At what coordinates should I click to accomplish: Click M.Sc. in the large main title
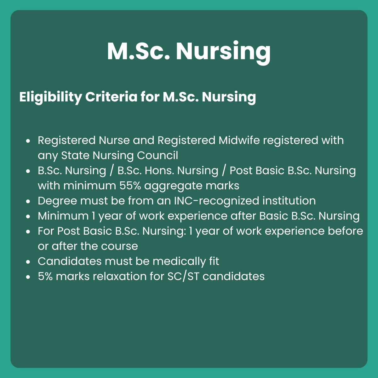coord(139,51)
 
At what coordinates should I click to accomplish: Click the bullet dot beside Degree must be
coord(28,201)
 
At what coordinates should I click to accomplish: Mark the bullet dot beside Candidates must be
coord(28,262)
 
